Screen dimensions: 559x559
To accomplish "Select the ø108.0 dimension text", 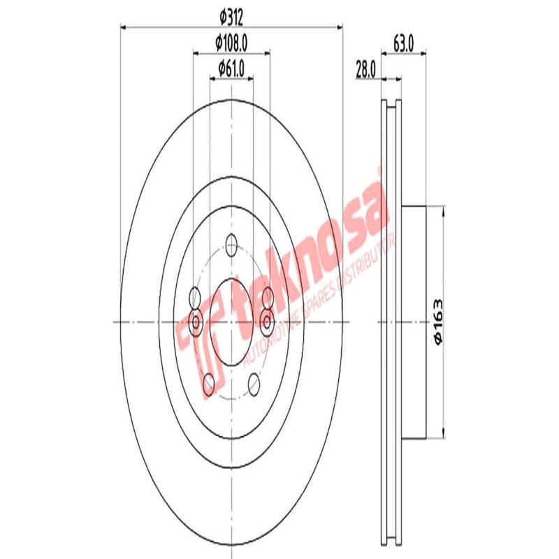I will (232, 43).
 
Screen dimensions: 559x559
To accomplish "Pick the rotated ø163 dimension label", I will (439, 321).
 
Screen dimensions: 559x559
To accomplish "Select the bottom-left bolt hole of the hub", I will (208, 382).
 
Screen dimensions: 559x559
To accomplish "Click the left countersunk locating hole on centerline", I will (196, 321).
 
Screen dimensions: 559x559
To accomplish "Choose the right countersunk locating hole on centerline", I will (266, 321).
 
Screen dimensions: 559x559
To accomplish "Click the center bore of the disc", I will (231, 321).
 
